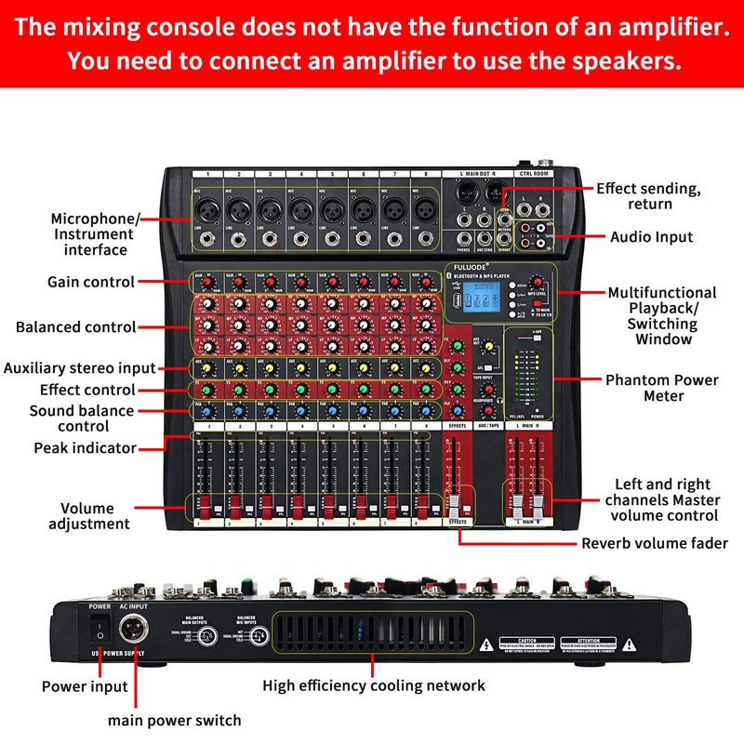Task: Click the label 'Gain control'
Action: tap(91, 282)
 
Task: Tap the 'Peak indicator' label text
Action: tap(86, 448)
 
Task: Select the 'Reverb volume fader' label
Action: tap(654, 543)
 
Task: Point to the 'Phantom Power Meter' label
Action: tap(661, 388)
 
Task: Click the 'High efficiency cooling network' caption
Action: tap(373, 685)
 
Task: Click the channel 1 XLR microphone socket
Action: tap(206, 206)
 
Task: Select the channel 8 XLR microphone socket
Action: tap(425, 206)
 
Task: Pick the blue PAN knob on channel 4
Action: tap(300, 412)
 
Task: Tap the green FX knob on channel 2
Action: tap(238, 389)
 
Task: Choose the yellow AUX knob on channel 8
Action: tap(426, 366)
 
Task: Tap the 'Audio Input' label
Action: tap(651, 237)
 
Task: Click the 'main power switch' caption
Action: tap(174, 720)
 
